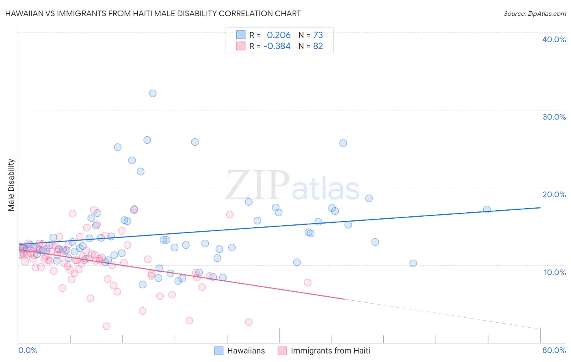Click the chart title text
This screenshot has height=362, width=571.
[153, 13]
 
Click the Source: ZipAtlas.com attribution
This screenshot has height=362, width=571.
[534, 13]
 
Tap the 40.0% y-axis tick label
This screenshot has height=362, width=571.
[554, 39]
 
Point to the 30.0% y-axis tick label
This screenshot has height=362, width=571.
[554, 117]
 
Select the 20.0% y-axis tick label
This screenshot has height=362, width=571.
[554, 194]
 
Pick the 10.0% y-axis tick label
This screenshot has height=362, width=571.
[554, 272]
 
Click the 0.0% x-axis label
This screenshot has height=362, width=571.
[28, 350]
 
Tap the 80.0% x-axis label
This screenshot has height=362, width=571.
[554, 350]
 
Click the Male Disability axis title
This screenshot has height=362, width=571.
[11, 185]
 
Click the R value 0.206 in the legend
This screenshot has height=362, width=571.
[279, 35]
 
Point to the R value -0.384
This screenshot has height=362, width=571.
[277, 46]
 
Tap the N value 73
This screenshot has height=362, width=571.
[318, 35]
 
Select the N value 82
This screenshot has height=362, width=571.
[318, 46]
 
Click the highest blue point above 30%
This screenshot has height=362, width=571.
[153, 93]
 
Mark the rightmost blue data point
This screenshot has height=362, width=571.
[487, 209]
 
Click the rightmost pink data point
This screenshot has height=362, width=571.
[307, 282]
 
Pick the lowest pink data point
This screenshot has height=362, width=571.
[106, 326]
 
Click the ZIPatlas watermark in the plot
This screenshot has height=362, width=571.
[292, 186]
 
